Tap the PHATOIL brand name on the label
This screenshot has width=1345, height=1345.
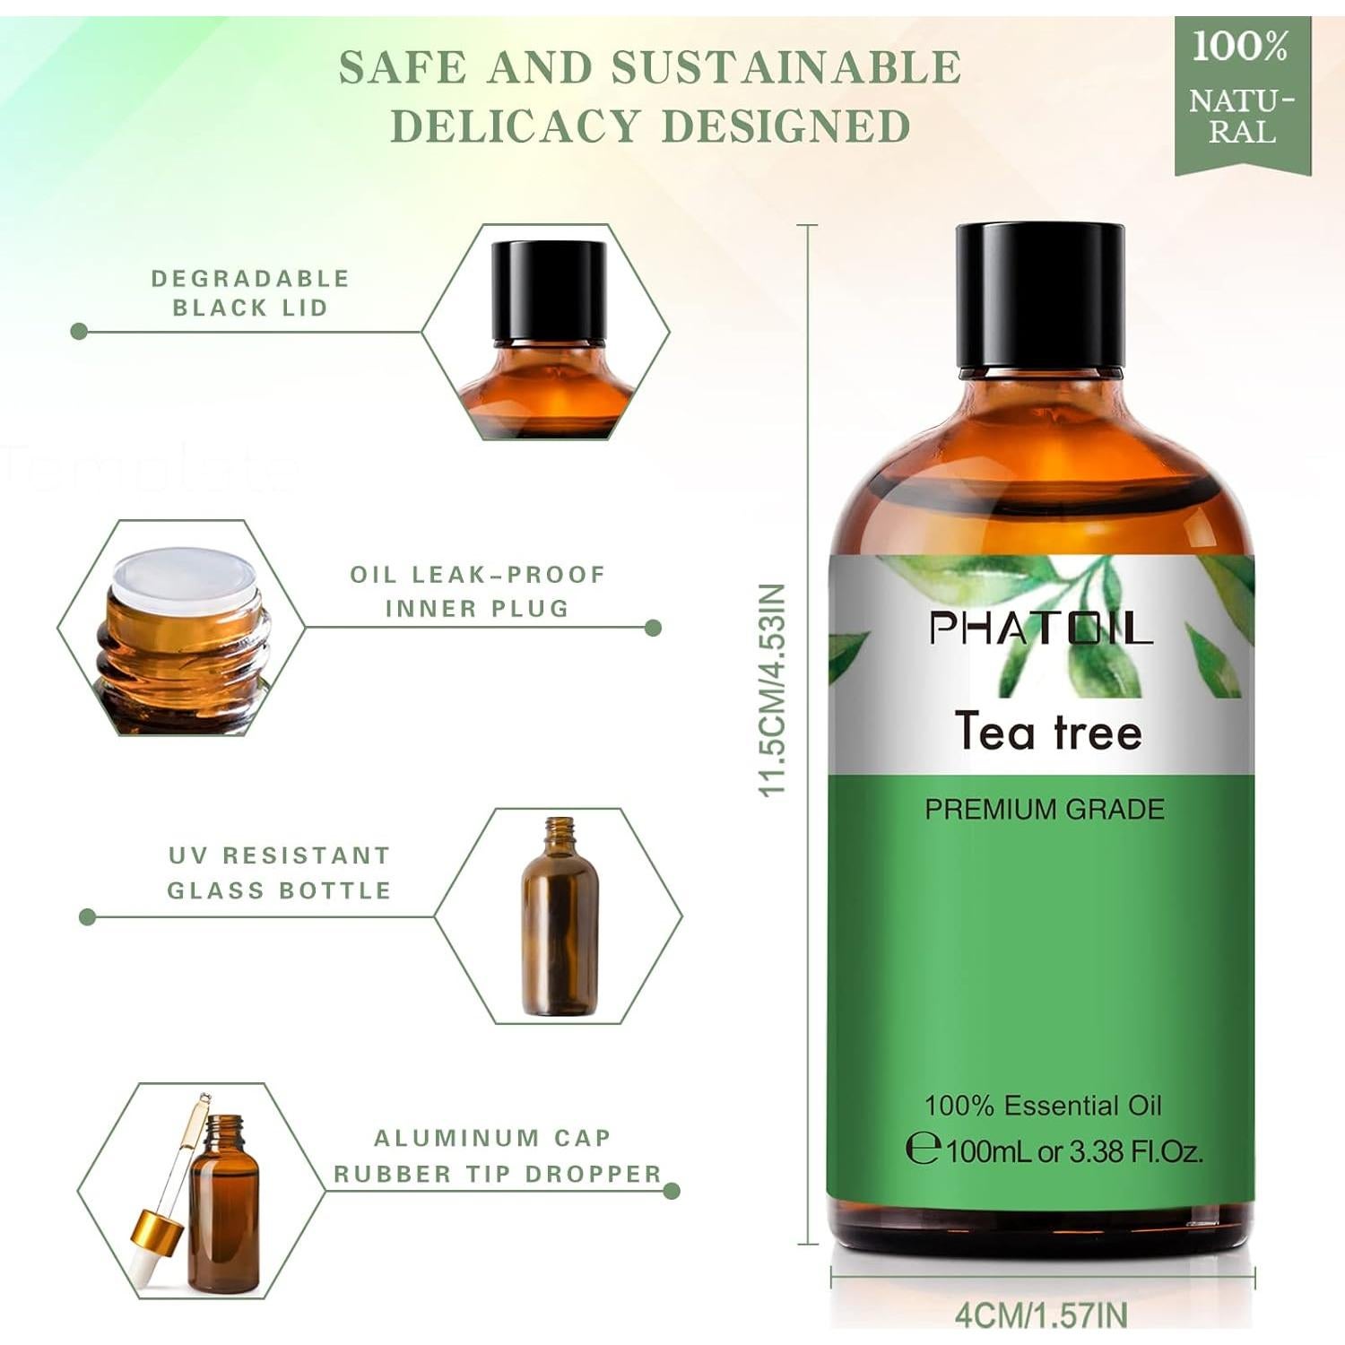[1040, 628]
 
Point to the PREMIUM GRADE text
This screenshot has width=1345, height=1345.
[1045, 810]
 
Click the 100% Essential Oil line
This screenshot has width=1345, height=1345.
[1043, 1106]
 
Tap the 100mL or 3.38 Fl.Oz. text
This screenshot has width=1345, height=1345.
[1072, 1150]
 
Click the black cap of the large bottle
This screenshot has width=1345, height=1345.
[1040, 296]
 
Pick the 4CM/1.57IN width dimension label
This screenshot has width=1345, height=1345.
[1041, 1315]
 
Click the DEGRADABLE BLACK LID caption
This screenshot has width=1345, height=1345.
[249, 293]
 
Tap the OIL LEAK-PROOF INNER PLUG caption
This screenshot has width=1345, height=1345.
[478, 591]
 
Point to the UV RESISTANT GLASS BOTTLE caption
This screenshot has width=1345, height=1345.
[280, 872]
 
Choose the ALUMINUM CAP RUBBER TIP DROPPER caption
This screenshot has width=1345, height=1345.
[497, 1156]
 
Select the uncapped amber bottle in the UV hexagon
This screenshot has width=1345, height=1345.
[560, 916]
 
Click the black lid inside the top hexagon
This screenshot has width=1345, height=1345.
[549, 290]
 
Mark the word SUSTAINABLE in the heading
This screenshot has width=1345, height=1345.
[785, 69]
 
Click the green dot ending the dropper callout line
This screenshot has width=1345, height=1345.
[671, 1191]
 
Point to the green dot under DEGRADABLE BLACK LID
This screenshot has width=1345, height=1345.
[79, 332]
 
